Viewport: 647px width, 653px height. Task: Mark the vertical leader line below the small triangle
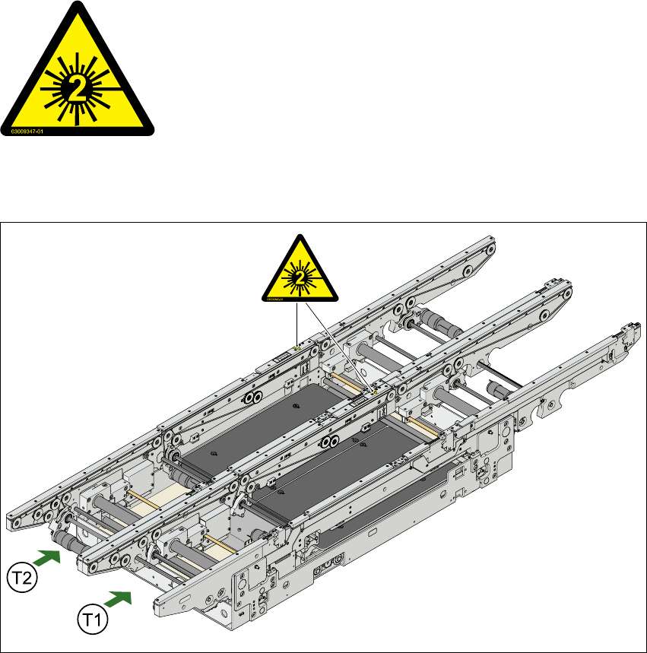(294, 323)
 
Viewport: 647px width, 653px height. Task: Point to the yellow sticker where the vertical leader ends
(295, 347)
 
